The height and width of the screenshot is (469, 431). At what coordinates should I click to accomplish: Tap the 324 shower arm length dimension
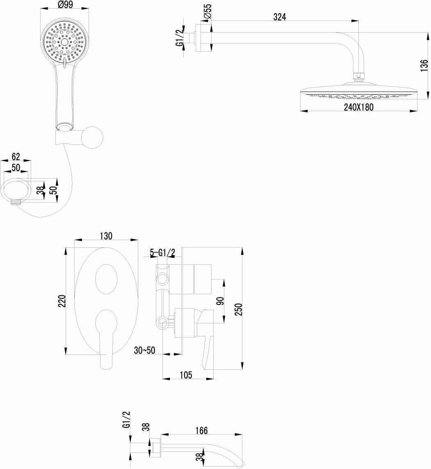tap(280, 17)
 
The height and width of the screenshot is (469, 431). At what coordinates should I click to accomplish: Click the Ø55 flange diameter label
tap(207, 11)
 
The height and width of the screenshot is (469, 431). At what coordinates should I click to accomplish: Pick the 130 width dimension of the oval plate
tap(106, 236)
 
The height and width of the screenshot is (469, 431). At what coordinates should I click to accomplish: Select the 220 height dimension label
tap(62, 302)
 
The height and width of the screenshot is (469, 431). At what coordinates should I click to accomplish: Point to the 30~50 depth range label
tap(145, 350)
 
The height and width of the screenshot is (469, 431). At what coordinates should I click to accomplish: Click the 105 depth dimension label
tap(186, 375)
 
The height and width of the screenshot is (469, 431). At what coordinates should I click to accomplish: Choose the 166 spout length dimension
tap(202, 430)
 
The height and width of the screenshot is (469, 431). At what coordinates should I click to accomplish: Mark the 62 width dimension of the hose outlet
tap(16, 156)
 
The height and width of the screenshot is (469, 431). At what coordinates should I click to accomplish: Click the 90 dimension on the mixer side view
tap(220, 300)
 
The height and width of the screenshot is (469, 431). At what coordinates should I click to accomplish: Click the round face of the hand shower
tap(64, 41)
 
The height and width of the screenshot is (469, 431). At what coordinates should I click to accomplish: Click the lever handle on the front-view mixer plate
tap(105, 336)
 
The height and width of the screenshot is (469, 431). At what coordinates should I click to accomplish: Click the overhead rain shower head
tap(358, 91)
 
